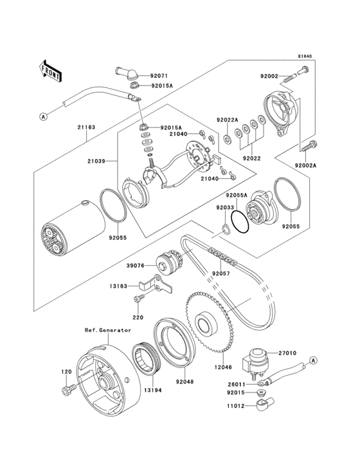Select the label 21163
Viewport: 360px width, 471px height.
[x=87, y=127]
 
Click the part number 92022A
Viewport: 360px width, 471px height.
[x=227, y=120]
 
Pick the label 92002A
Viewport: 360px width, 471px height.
[x=307, y=165]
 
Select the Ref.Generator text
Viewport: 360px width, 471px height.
[x=107, y=330]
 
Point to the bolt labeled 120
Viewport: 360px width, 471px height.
[x=67, y=390]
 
